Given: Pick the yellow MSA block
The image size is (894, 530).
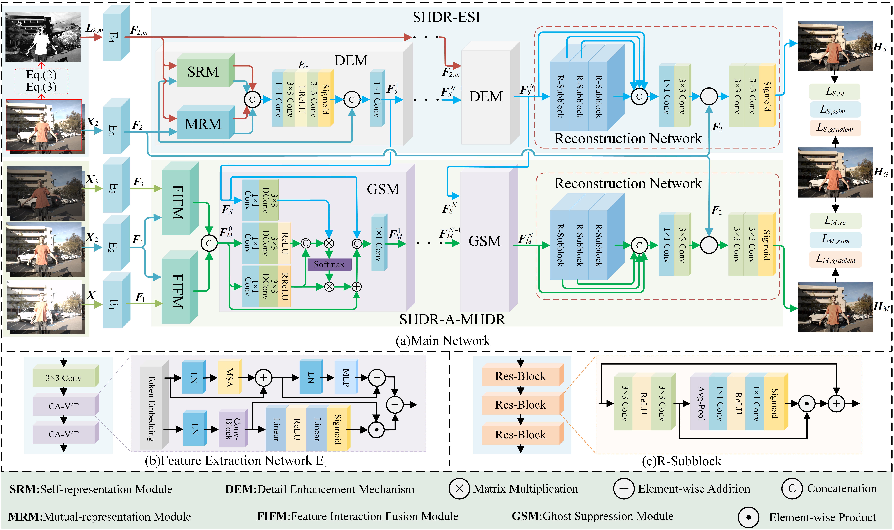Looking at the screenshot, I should tap(229, 378).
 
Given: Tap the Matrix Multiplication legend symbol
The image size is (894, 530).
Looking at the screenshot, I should tap(459, 489).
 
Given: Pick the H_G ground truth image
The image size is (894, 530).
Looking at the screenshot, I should tap(835, 173).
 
